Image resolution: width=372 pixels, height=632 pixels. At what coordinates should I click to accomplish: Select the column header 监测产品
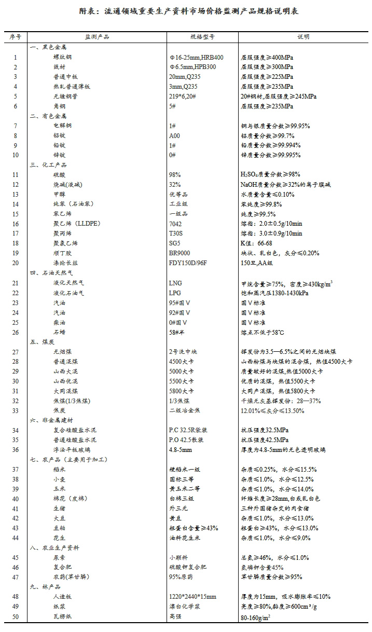coord(97,37)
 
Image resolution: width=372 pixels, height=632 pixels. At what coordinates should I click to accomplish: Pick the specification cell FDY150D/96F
coord(188,263)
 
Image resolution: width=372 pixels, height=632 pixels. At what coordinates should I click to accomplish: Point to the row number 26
coord(16,332)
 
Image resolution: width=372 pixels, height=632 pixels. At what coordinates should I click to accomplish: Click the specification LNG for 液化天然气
coord(175,283)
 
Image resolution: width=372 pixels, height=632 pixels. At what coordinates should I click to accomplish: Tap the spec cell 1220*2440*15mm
coord(192,596)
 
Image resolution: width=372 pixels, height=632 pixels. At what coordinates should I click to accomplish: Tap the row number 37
coord(16,469)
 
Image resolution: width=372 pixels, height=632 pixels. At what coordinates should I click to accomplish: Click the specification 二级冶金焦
coord(184,410)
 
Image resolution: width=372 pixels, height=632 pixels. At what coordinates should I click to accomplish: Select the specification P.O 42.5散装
coord(187,439)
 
